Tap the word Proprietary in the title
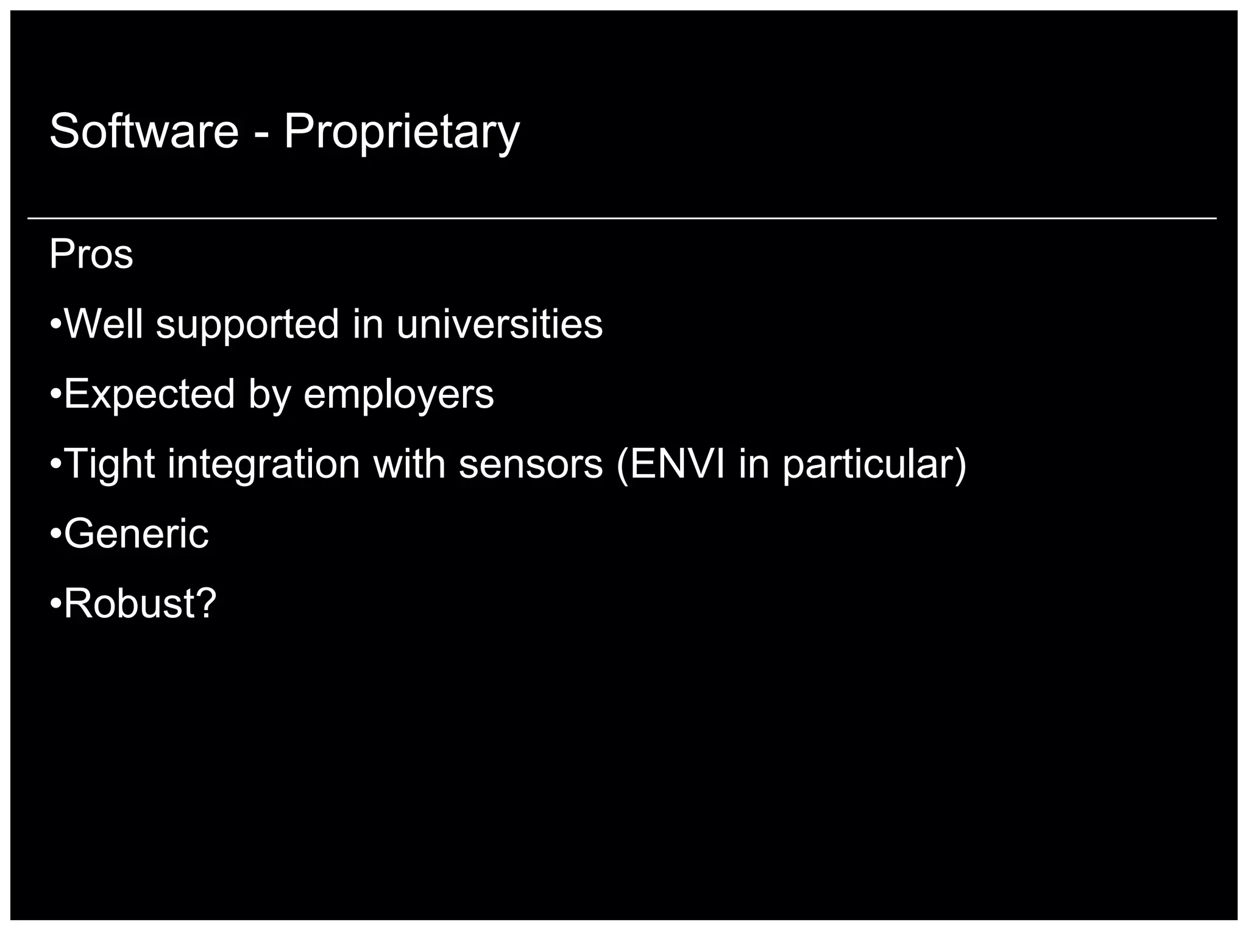(x=402, y=132)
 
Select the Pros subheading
(x=91, y=254)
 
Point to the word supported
(x=247, y=325)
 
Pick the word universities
(x=499, y=324)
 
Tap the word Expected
(x=149, y=395)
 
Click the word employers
(x=399, y=395)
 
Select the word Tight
(x=109, y=465)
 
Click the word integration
(x=263, y=465)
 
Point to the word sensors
(x=530, y=464)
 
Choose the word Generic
(x=136, y=534)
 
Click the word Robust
(x=127, y=604)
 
